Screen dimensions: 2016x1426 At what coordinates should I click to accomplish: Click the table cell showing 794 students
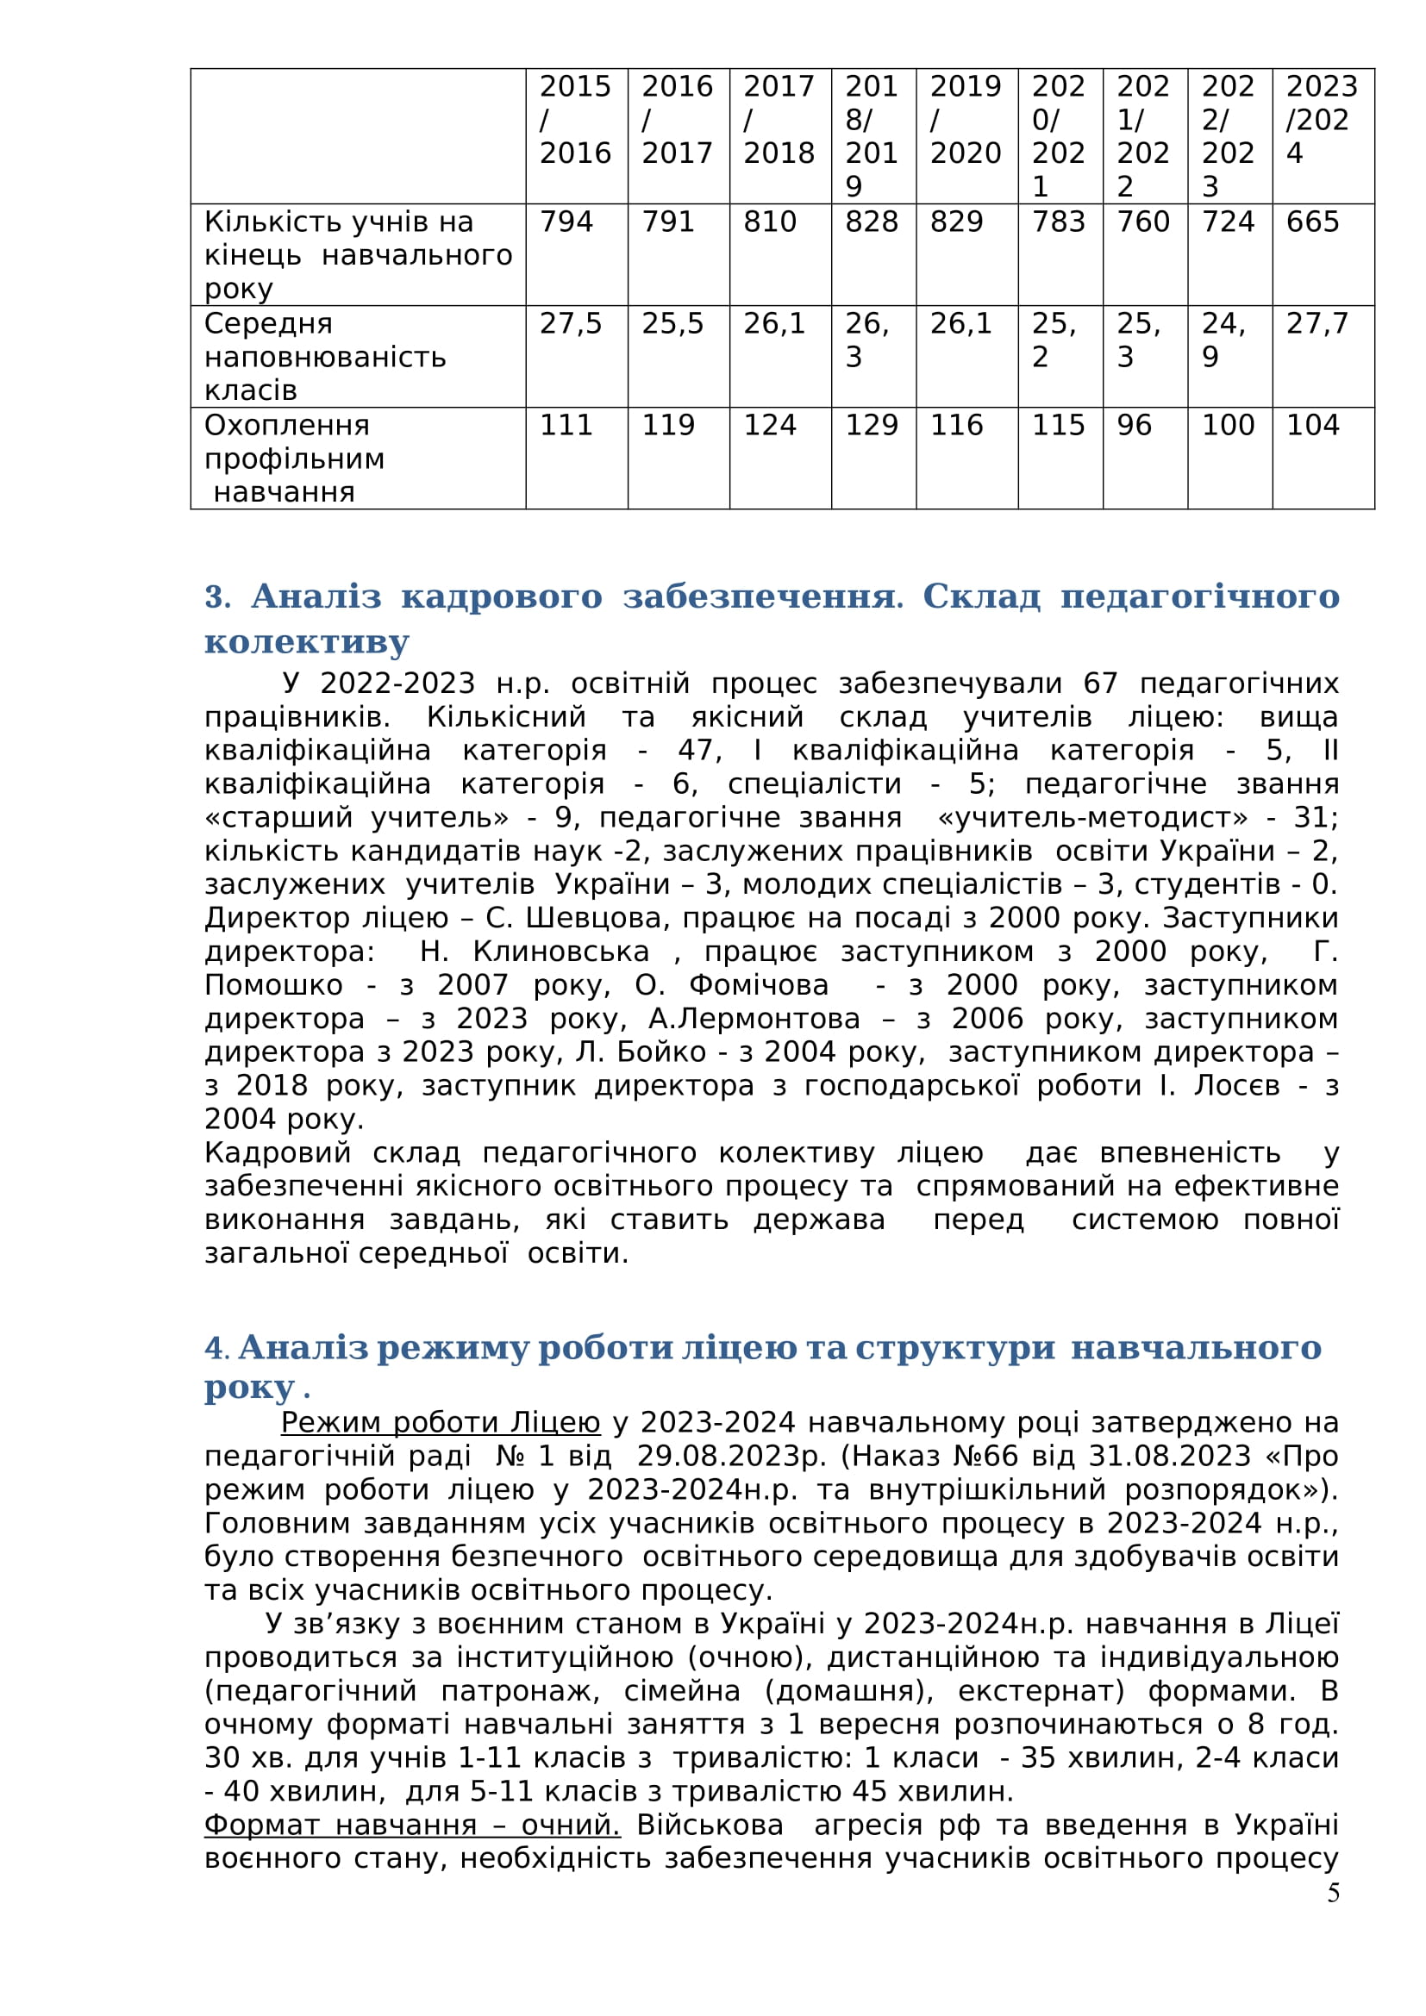[566, 222]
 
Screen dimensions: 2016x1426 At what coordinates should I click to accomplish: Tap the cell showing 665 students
[1312, 222]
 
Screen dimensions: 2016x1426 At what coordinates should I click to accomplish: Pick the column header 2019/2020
[965, 120]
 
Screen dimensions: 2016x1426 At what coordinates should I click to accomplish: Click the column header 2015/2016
[575, 120]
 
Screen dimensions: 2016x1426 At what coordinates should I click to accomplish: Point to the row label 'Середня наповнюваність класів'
[325, 357]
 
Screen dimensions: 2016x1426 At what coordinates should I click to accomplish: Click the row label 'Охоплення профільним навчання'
[295, 459]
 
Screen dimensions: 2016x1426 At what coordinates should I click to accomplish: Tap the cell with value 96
[1134, 426]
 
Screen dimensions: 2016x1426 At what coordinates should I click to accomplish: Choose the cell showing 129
[871, 426]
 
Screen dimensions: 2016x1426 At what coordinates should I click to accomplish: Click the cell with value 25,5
[672, 324]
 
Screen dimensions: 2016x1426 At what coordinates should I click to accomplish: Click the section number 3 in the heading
[216, 597]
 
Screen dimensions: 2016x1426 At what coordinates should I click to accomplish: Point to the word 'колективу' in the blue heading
[306, 642]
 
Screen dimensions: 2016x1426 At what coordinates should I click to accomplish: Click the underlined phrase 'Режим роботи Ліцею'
[440, 1421]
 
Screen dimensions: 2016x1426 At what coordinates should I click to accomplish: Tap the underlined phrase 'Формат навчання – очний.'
[412, 1824]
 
